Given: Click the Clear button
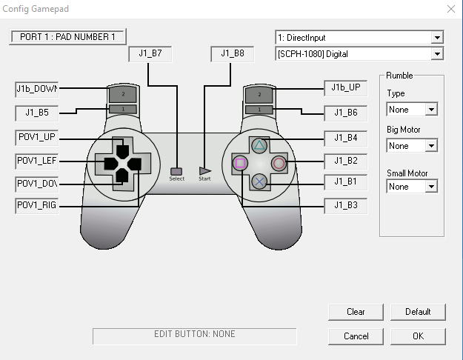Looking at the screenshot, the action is [356, 312].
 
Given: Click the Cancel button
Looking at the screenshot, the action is [356, 336].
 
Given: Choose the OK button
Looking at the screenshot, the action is [418, 336].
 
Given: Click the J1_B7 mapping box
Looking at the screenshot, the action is [150, 54].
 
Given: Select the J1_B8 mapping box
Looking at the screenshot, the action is [233, 54].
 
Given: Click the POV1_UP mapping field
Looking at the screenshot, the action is [37, 137].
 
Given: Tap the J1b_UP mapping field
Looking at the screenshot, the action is [346, 88].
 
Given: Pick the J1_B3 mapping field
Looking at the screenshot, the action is [346, 205].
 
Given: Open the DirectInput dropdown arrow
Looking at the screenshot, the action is [437, 38].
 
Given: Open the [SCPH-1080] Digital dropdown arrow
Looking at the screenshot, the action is [437, 54].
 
